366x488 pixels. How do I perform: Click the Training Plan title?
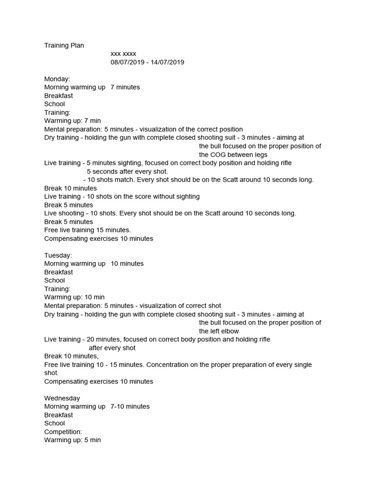pyautogui.click(x=64, y=46)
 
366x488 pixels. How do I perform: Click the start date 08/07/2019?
pyautogui.click(x=128, y=62)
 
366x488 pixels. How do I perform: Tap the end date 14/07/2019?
pyautogui.click(x=167, y=62)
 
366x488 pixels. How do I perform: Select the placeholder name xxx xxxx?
pyautogui.click(x=123, y=54)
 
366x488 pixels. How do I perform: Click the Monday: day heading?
pyautogui.click(x=57, y=79)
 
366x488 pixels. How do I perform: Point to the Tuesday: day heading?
pyautogui.click(x=58, y=255)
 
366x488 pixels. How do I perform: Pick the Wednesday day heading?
pyautogui.click(x=62, y=398)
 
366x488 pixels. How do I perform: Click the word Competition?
pyautogui.click(x=63, y=431)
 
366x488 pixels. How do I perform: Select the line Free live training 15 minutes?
pyautogui.click(x=87, y=230)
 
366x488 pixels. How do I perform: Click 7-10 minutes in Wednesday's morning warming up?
pyautogui.click(x=130, y=407)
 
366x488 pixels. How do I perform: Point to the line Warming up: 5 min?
pyautogui.click(x=72, y=440)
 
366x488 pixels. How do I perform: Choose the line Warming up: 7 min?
pyautogui.click(x=72, y=121)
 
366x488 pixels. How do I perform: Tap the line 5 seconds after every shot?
pyautogui.click(x=127, y=171)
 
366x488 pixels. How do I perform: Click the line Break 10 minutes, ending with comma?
pyautogui.click(x=71, y=356)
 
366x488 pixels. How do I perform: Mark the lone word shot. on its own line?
pyautogui.click(x=51, y=373)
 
